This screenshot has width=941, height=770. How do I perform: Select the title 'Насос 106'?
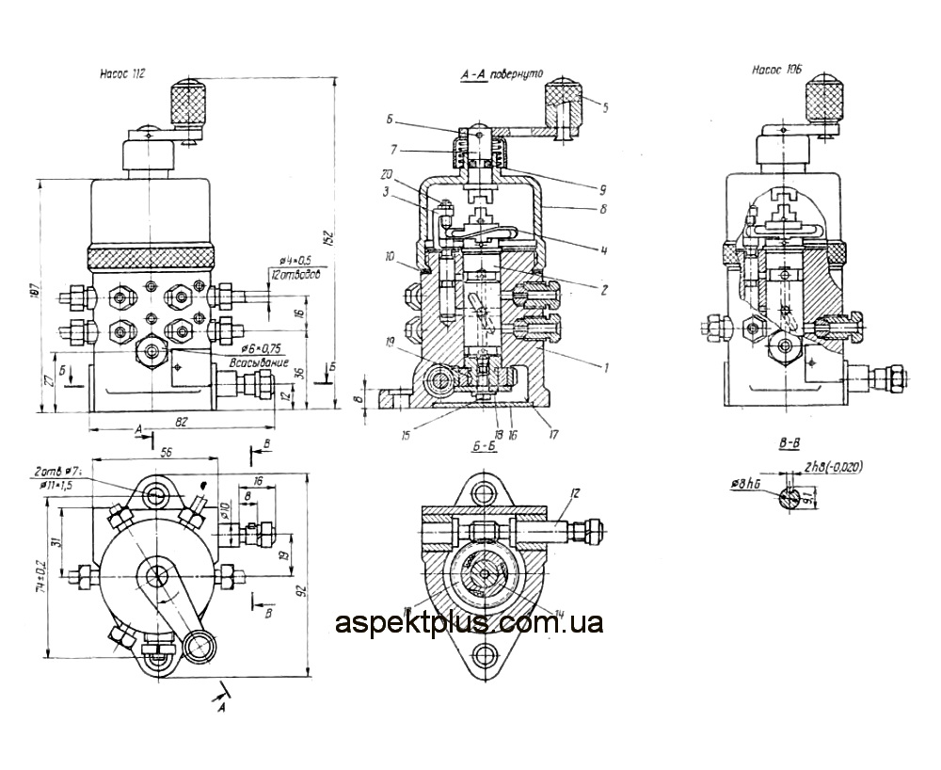pos(777,69)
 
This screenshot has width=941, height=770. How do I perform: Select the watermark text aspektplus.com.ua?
pos(469,622)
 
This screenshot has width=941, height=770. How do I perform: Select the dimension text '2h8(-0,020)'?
pos(836,466)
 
